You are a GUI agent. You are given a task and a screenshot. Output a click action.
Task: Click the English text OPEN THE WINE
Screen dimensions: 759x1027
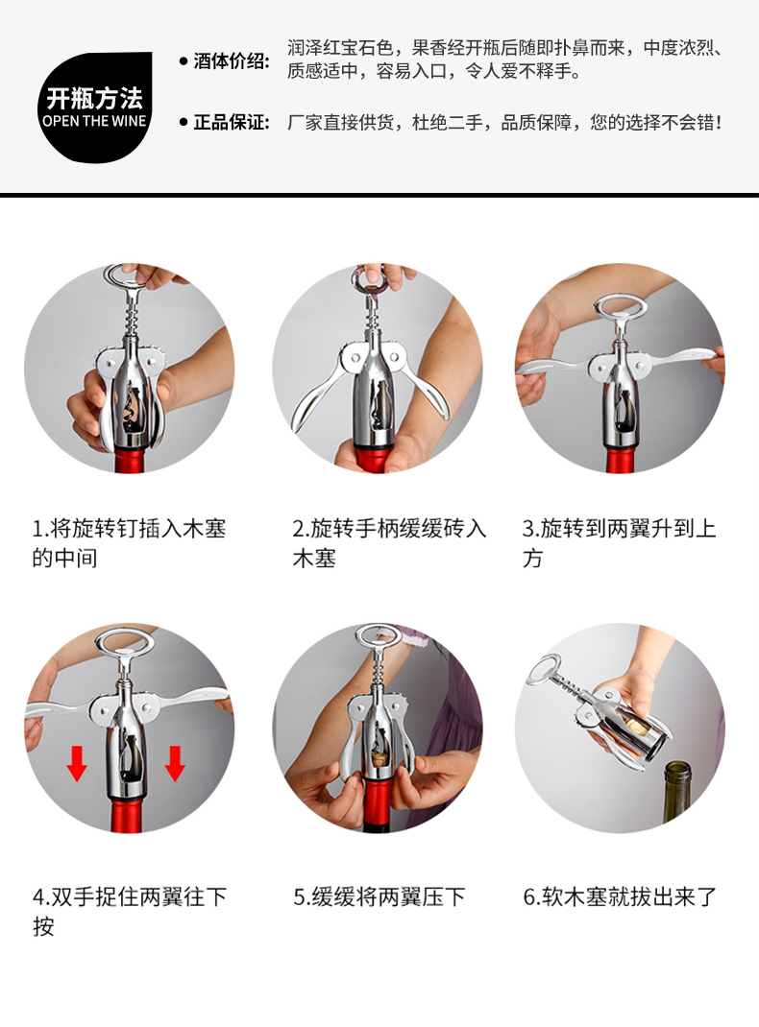94,121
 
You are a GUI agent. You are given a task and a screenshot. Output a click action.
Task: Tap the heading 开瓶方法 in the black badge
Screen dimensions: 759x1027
94,98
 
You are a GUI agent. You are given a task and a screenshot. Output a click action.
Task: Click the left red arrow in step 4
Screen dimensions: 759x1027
77,762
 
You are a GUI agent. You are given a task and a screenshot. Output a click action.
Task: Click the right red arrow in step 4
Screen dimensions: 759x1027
175,762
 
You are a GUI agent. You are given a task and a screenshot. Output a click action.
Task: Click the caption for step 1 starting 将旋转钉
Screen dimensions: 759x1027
129,543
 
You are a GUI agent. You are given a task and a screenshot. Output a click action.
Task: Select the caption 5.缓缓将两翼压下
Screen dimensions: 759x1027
379,896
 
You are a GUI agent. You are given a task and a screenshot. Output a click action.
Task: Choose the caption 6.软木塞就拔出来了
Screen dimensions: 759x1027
620,896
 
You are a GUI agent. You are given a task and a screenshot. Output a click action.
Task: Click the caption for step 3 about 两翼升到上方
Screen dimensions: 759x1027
619,543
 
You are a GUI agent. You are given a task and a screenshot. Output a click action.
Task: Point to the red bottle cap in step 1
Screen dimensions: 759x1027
130,459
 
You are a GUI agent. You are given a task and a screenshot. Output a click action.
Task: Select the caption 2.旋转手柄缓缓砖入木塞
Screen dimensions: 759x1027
389,543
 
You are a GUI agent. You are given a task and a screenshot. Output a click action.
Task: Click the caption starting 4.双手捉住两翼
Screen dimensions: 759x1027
129,911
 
